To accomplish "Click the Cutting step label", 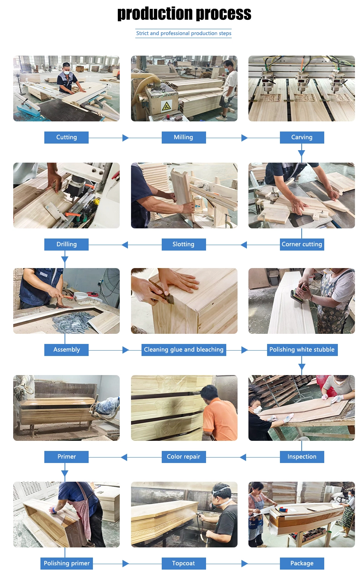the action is (66, 137).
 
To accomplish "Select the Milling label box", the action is (183, 137).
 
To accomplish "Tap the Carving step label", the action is (302, 137).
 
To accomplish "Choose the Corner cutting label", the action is (302, 244).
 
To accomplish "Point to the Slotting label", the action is (183, 244).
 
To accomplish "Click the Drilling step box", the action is (66, 244).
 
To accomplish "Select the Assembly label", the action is (66, 350).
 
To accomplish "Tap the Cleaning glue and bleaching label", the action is (183, 350).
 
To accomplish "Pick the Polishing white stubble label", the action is (302, 350).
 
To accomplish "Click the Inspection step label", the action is (302, 457).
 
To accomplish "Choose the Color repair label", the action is (183, 457).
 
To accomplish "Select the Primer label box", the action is (66, 457).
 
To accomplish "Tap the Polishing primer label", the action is (66, 563).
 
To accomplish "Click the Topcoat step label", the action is (183, 563).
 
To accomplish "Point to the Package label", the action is (302, 563).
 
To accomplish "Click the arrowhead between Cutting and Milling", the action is (125, 138).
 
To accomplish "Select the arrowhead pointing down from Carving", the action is (302, 153).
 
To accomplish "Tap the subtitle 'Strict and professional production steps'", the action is (183, 33).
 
